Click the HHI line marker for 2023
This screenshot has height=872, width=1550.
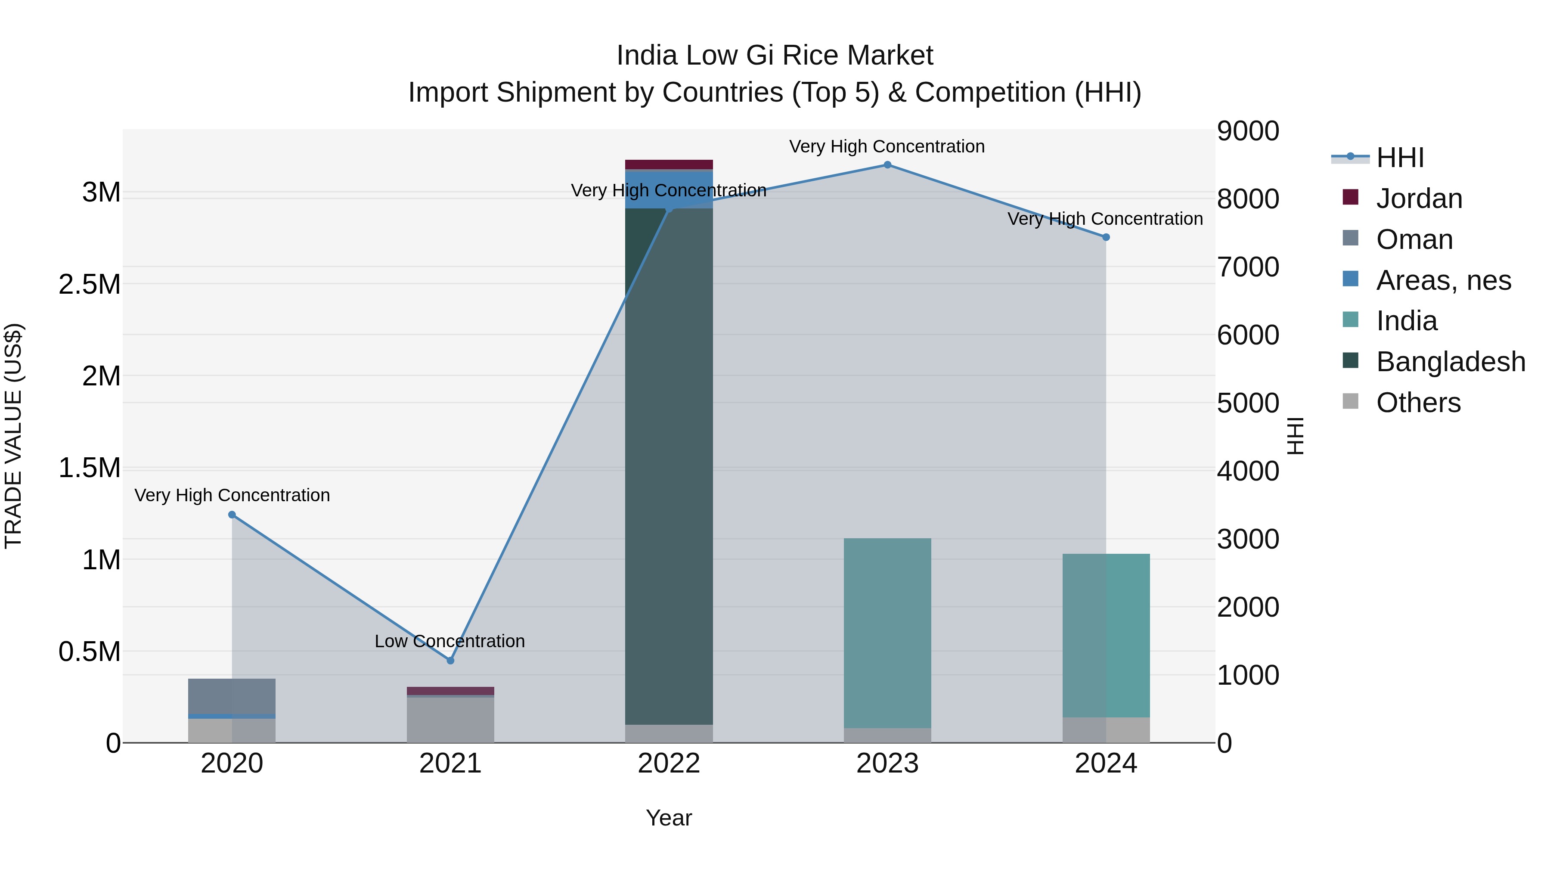click(x=887, y=165)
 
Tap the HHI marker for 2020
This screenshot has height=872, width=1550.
click(x=232, y=515)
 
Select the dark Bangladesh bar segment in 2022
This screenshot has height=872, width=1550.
click(x=669, y=469)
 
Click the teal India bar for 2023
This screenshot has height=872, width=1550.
click(x=887, y=632)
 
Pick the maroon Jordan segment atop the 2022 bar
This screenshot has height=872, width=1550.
click(x=669, y=164)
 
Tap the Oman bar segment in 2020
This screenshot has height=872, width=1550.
click(x=232, y=696)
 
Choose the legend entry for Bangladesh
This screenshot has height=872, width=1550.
click(x=1450, y=362)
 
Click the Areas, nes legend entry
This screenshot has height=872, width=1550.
click(x=1443, y=280)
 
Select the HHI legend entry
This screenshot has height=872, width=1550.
click(x=1400, y=158)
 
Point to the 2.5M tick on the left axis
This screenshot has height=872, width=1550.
click(x=90, y=284)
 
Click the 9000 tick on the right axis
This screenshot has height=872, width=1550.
click(x=1247, y=131)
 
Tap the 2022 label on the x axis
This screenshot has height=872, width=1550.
click(x=669, y=763)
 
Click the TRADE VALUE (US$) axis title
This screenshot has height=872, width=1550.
click(x=13, y=436)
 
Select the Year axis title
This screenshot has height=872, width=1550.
click(x=669, y=818)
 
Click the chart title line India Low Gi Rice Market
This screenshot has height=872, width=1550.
click(x=775, y=56)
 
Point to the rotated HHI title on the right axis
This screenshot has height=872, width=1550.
click(x=1295, y=436)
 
